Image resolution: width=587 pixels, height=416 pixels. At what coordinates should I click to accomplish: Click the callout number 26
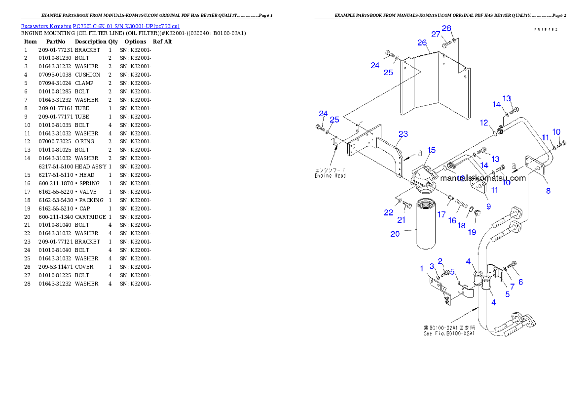pos(422,43)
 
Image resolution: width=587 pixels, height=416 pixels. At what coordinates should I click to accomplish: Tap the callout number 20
pos(395,234)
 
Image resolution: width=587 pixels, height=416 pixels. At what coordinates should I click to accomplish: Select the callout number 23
pos(403,134)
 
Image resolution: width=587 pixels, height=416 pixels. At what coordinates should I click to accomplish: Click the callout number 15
pos(432,150)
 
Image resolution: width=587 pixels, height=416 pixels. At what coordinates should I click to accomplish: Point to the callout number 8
pos(548,191)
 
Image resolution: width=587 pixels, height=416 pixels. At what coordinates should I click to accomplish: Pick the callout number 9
pos(488,207)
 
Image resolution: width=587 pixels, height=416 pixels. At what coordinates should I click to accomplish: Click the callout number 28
pos(446,29)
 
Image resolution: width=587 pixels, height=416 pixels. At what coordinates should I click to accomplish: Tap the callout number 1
pos(422,268)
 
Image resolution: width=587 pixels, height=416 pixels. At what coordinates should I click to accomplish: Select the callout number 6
pos(520,282)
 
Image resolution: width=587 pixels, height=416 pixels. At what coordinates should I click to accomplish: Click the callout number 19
pos(472,232)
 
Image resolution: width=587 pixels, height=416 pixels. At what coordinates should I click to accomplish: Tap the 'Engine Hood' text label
pos(330,175)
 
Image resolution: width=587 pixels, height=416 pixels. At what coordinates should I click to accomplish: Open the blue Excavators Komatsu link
pos(100,26)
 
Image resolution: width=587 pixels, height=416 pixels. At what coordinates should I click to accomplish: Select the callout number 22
pos(389,213)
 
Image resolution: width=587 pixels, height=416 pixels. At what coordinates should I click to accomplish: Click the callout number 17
pos(441,215)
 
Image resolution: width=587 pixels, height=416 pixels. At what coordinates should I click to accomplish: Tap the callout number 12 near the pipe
pos(484,123)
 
